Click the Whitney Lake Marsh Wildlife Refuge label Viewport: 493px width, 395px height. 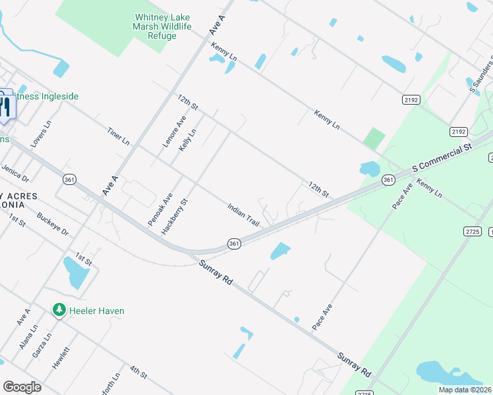click(163, 26)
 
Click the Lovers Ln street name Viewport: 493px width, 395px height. click(40, 134)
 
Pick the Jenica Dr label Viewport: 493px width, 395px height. click(16, 173)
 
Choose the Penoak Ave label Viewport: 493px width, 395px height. click(161, 210)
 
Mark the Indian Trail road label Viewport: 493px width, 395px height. click(243, 215)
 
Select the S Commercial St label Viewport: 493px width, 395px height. click(443, 157)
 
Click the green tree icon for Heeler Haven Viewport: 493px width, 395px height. click(59, 309)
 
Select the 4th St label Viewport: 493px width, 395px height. click(138, 372)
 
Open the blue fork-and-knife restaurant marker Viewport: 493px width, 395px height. click(5, 106)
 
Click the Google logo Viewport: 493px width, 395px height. click(22, 387)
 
